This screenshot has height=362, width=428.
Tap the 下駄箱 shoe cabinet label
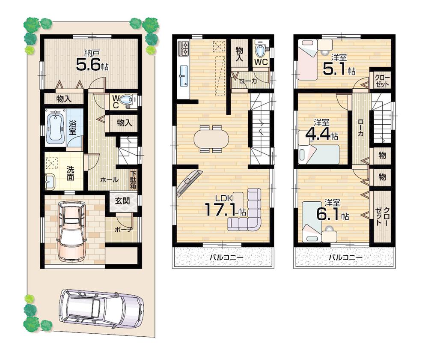pyautogui.click(x=134, y=180)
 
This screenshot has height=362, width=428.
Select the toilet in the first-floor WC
pyautogui.click(x=126, y=100)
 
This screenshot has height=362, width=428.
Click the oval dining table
pyautogui.click(x=211, y=139)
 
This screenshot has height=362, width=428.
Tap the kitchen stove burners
pyautogui.click(x=184, y=48)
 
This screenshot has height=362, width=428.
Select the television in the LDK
pyautogui.click(x=189, y=183)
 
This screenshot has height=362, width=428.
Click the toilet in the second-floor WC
pyautogui.click(x=260, y=50)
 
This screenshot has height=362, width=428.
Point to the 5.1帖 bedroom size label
pyautogui.click(x=338, y=69)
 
